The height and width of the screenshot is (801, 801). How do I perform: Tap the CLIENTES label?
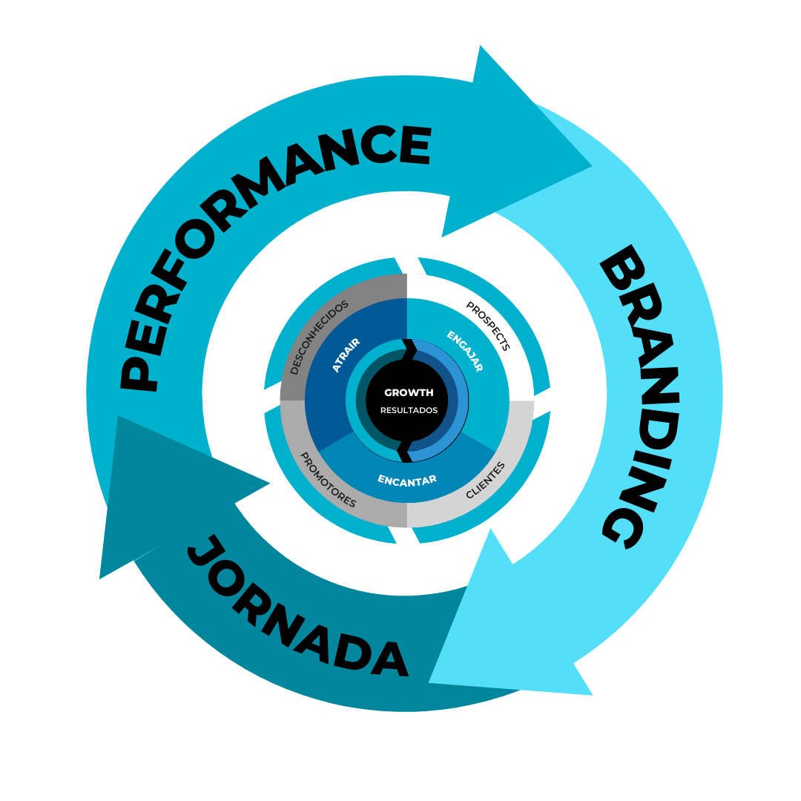(x=485, y=480)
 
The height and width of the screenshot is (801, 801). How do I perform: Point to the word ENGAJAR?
(x=465, y=351)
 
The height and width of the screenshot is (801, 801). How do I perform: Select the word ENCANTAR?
(x=407, y=479)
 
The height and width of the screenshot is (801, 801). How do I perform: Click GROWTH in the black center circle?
(x=409, y=392)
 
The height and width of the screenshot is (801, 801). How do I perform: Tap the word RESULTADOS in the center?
(x=409, y=410)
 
